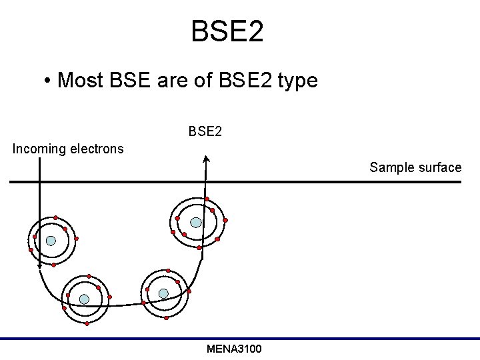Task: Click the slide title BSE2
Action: point(227,31)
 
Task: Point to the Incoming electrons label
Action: point(68,149)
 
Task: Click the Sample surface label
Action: point(415,167)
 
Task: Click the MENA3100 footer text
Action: point(234,349)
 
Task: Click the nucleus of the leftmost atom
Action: point(51,241)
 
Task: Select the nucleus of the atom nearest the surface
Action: point(196,223)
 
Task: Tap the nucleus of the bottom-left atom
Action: point(84,299)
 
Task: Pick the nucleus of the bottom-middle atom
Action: point(163,293)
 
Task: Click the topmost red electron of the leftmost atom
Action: point(55,217)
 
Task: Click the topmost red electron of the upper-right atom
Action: point(207,199)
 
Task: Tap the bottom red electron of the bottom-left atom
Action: point(87,324)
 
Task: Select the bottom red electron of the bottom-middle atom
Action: point(166,317)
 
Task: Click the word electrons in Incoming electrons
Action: point(97,149)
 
